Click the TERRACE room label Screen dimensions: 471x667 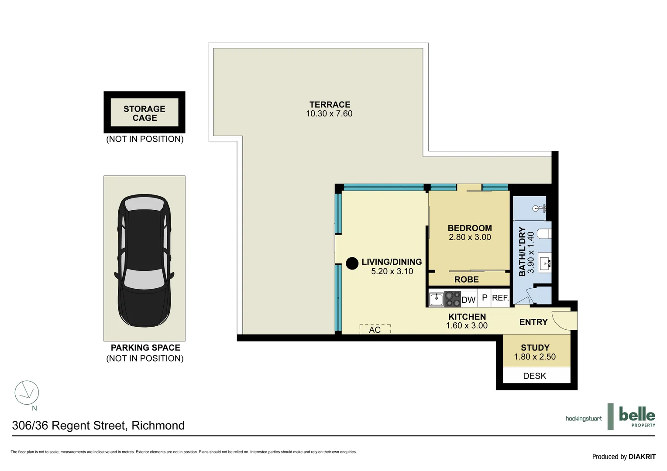point(330,105)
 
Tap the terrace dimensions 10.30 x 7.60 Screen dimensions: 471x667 point(329,114)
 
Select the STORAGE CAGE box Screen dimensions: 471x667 point(144,113)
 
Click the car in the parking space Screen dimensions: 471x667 point(144,260)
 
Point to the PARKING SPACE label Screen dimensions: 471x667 point(145,348)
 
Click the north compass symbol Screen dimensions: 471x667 point(27,392)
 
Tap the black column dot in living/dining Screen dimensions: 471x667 point(352,263)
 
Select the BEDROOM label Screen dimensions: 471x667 point(470,228)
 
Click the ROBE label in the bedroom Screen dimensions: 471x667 point(466,280)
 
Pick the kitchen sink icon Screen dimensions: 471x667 point(437,299)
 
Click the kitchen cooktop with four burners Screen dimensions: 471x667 point(453,299)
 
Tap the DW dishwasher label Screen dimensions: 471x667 point(468,300)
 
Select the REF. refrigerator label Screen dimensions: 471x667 point(500,298)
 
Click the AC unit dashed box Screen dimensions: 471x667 point(375,329)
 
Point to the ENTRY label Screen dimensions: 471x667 point(533,322)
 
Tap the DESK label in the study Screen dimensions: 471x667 point(534,375)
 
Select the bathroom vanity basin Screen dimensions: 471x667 point(545,263)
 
